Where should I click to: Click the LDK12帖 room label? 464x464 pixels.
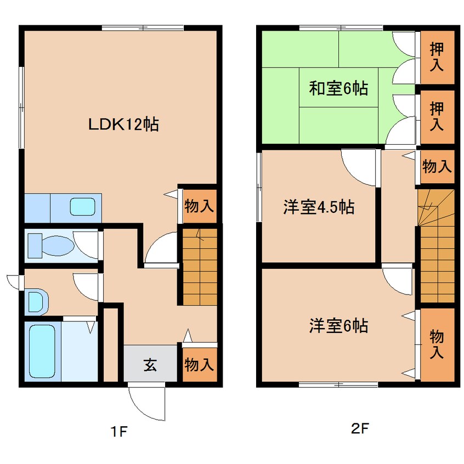pyautogui.click(x=124, y=125)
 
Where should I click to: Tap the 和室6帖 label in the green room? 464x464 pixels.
pyautogui.click(x=338, y=88)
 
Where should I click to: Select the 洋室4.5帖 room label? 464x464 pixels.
pyautogui.click(x=319, y=207)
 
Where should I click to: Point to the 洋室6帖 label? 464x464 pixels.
pyautogui.click(x=338, y=325)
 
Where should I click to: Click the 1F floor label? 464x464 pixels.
pyautogui.click(x=118, y=432)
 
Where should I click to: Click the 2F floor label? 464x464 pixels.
pyautogui.click(x=360, y=428)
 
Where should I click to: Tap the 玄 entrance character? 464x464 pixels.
pyautogui.click(x=150, y=365)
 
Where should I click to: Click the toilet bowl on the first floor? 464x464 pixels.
pyautogui.click(x=50, y=245)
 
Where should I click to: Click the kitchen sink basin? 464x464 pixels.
pyautogui.click(x=83, y=207)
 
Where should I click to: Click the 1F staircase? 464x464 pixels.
pyautogui.click(x=200, y=267)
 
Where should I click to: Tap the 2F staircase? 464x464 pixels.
pyautogui.click(x=437, y=246)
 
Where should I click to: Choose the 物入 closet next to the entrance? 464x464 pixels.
pyautogui.click(x=200, y=365)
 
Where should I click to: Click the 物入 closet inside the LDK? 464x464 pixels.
pyautogui.click(x=200, y=206)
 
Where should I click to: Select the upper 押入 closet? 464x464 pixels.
pyautogui.click(x=437, y=57)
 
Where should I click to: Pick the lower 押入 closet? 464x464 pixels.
pyautogui.click(x=437, y=117)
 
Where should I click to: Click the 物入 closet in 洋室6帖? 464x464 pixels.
pyautogui.click(x=437, y=345)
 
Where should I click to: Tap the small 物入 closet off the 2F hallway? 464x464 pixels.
pyautogui.click(x=437, y=167)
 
